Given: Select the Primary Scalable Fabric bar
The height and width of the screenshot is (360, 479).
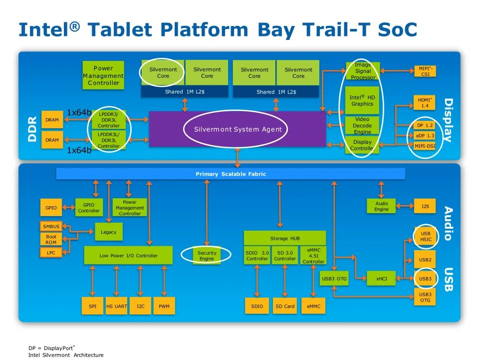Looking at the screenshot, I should pos(230,174).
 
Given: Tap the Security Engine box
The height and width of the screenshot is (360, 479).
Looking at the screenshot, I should pos(207,256).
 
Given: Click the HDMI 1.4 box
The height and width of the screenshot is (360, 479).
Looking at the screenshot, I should pos(424,103).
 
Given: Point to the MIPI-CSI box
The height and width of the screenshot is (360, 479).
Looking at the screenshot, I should pos(425,71).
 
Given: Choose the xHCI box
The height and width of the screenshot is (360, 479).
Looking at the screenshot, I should pos(381,279).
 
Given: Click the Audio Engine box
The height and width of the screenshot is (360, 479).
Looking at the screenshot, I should pos(381,206).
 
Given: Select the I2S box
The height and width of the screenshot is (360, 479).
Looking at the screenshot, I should pos(425,206).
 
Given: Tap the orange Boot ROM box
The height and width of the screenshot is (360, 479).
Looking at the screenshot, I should pos(51,240).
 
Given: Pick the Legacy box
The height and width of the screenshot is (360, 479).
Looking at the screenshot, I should pos(108,232).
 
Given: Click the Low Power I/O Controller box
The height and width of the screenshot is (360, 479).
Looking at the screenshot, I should pos(128,255).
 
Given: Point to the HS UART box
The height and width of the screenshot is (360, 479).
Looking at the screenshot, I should pos(116,306).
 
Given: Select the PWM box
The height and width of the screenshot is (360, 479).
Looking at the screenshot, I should pos(164,306).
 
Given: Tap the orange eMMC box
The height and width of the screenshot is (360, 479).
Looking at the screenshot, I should pos(313,306).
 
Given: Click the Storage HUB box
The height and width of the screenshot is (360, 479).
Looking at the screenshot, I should pos(284,238).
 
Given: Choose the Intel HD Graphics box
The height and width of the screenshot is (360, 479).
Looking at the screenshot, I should pos(362,100).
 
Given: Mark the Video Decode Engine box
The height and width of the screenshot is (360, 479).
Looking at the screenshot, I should pos(362,126).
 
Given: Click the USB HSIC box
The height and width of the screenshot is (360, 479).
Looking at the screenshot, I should pos(425,236).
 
